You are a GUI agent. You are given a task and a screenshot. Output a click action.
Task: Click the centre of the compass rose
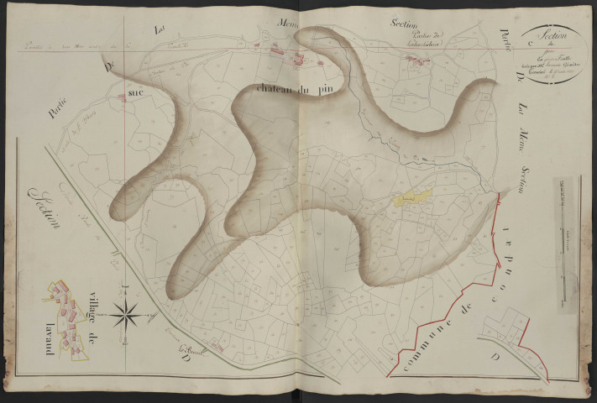click(x=130, y=314)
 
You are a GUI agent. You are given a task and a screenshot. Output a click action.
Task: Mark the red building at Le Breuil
click(x=217, y=344)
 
